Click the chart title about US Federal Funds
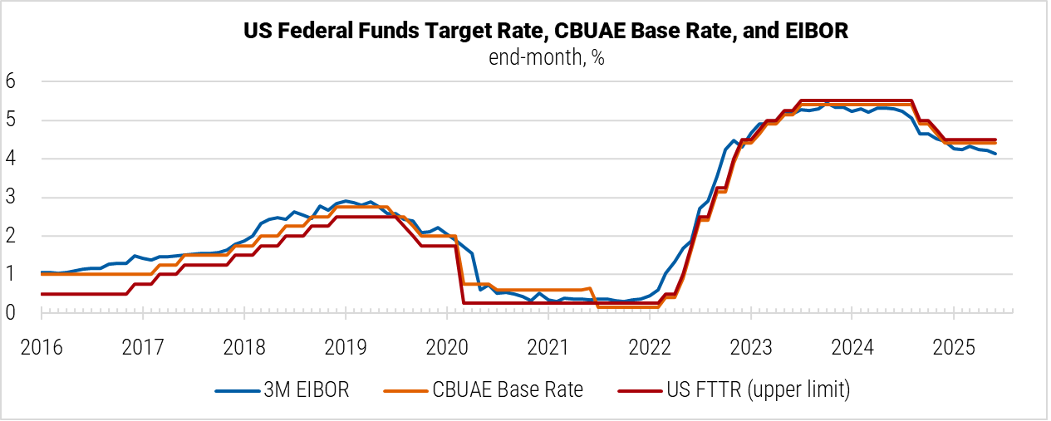point(545,32)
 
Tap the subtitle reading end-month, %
point(545,58)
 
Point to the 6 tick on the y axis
point(12,81)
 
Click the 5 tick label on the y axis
point(12,120)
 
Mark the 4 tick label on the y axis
point(12,159)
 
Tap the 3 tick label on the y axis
point(12,198)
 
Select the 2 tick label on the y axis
point(12,236)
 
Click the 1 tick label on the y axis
point(12,275)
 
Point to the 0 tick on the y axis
point(12,313)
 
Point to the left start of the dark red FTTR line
point(42,294)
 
